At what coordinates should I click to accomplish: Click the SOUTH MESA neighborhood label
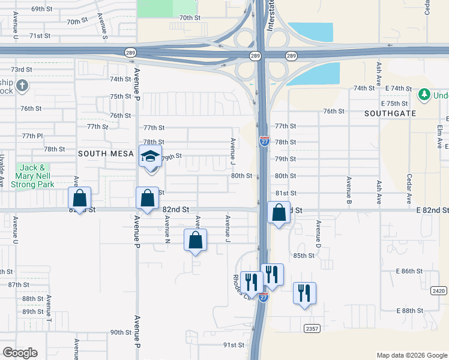pyautogui.click(x=105, y=154)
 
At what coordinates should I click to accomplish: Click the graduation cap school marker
pyautogui.click(x=150, y=157)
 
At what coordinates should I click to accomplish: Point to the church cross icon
pyautogui.click(x=23, y=86)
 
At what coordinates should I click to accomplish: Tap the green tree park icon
pyautogui.click(x=424, y=95)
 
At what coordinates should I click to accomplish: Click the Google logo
pyautogui.click(x=20, y=353)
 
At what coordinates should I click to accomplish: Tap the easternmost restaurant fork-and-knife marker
pyautogui.click(x=304, y=293)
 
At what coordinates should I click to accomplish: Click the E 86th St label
pyautogui.click(x=409, y=271)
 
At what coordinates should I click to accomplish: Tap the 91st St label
pyautogui.click(x=234, y=345)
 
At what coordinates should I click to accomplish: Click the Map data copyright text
pyautogui.click(x=411, y=355)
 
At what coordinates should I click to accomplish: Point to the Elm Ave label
pyautogui.click(x=441, y=136)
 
